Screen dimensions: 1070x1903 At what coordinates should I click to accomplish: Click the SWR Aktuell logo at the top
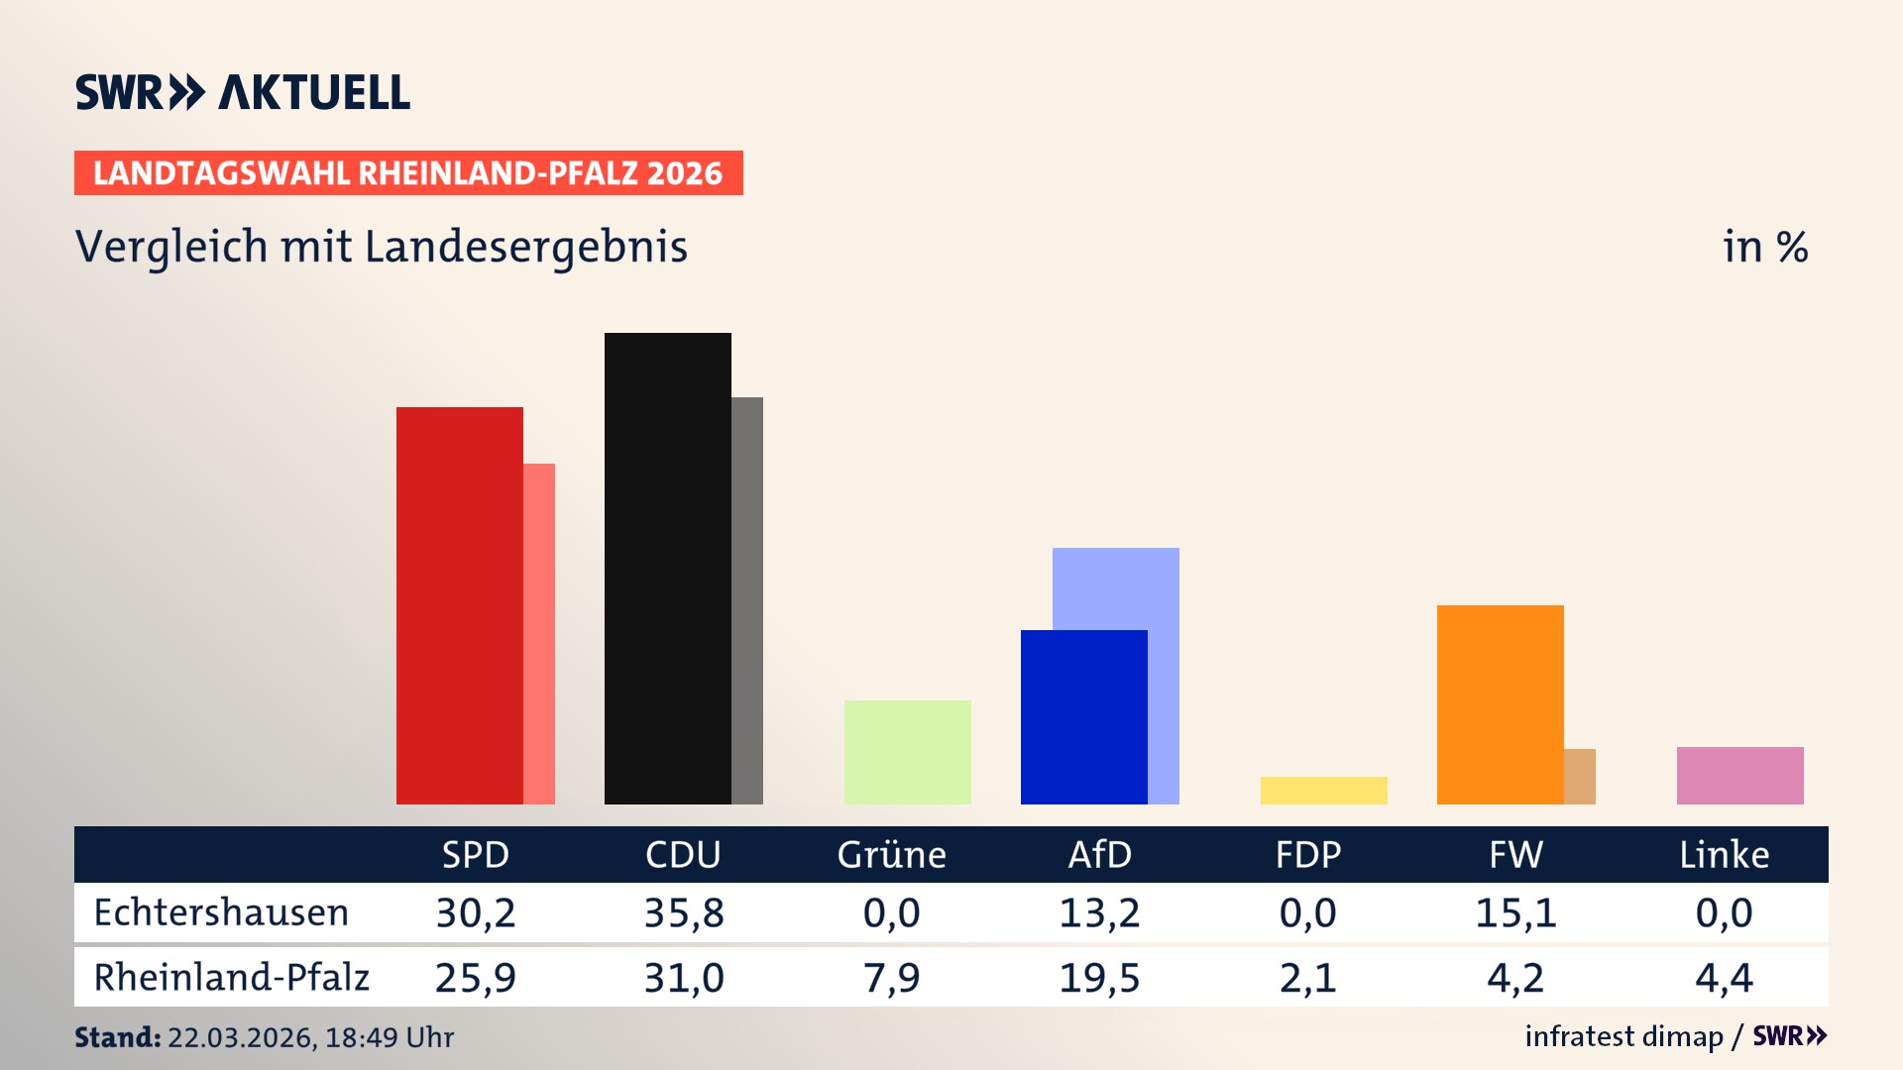pyautogui.click(x=243, y=92)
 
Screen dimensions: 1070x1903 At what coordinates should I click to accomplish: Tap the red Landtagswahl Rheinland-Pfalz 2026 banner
pyautogui.click(x=408, y=173)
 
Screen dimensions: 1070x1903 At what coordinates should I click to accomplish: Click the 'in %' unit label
pyautogui.click(x=1764, y=248)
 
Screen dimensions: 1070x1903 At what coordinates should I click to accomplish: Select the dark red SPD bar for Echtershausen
pyautogui.click(x=459, y=604)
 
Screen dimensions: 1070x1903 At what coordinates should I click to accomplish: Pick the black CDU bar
pyautogui.click(x=667, y=568)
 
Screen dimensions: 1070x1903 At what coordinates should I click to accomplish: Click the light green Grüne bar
pyautogui.click(x=907, y=752)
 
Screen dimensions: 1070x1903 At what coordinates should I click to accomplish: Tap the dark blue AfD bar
pyautogui.click(x=1083, y=716)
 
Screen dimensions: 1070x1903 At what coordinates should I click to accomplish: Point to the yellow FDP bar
pyautogui.click(x=1323, y=790)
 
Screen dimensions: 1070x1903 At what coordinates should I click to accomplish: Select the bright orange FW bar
pyautogui.click(x=1500, y=703)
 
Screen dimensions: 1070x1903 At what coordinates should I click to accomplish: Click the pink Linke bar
pyautogui.click(x=1739, y=775)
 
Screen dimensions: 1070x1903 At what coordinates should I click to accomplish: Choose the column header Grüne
pyautogui.click(x=891, y=855)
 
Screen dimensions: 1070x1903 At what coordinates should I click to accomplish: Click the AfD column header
pyautogui.click(x=1099, y=855)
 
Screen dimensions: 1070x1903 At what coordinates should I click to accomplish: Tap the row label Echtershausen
pyautogui.click(x=221, y=912)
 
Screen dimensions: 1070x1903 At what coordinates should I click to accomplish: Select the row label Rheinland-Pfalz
pyautogui.click(x=231, y=978)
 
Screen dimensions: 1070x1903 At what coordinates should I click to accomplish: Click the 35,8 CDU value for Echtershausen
pyautogui.click(x=684, y=912)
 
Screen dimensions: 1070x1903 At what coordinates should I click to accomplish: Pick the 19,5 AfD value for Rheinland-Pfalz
pyautogui.click(x=1099, y=978)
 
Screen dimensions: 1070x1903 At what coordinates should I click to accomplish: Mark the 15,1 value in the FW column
pyautogui.click(x=1515, y=912)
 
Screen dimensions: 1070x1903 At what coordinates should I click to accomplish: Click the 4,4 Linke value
pyautogui.click(x=1724, y=978)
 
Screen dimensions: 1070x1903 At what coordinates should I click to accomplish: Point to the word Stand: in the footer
pyautogui.click(x=117, y=1037)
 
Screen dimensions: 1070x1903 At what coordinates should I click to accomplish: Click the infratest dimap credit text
pyautogui.click(x=1623, y=1036)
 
